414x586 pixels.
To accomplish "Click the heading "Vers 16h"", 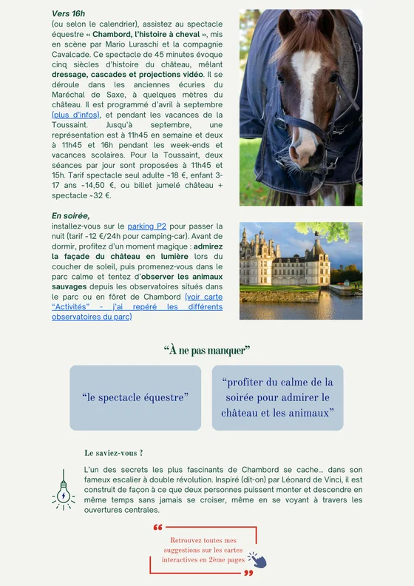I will [68, 14].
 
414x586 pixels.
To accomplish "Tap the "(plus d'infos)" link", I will [76, 115].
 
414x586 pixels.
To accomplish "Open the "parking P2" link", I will [146, 226].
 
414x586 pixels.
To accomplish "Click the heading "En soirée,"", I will [70, 215].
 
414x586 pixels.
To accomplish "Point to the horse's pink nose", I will [302, 152].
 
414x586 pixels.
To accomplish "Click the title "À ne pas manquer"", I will [206, 349].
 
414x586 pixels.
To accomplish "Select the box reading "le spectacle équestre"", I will [135, 397].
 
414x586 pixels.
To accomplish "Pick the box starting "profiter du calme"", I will [277, 397].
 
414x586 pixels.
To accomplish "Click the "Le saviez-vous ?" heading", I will [114, 453].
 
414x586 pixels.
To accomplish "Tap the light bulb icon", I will [64, 491].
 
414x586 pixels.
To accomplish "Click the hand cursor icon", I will [257, 559].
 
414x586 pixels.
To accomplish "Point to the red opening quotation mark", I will [157, 528].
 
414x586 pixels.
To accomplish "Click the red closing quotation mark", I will [248, 573].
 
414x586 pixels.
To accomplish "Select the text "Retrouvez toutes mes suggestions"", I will [203, 545].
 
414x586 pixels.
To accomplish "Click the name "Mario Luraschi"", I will [142, 44].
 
